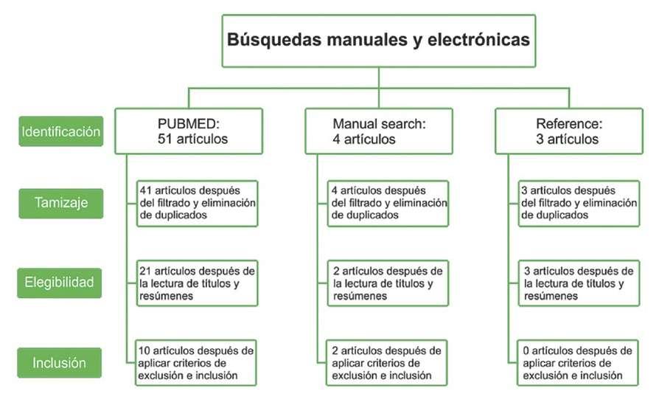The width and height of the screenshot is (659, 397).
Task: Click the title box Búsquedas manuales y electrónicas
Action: [378, 41]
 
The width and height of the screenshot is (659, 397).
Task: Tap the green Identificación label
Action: [60, 132]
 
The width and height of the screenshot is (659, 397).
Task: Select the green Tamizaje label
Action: [60, 203]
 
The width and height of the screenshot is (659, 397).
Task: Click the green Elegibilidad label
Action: [60, 282]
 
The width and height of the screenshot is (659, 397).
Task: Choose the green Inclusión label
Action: [60, 362]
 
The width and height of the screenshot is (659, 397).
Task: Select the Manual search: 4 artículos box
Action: [378, 131]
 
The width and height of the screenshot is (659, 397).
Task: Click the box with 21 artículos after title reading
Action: [198, 283]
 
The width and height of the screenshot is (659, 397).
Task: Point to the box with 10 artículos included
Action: [198, 362]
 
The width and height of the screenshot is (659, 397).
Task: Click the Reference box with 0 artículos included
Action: [577, 362]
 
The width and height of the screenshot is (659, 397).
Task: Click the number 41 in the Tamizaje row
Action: [145, 190]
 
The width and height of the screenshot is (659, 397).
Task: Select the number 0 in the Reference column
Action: [525, 350]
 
